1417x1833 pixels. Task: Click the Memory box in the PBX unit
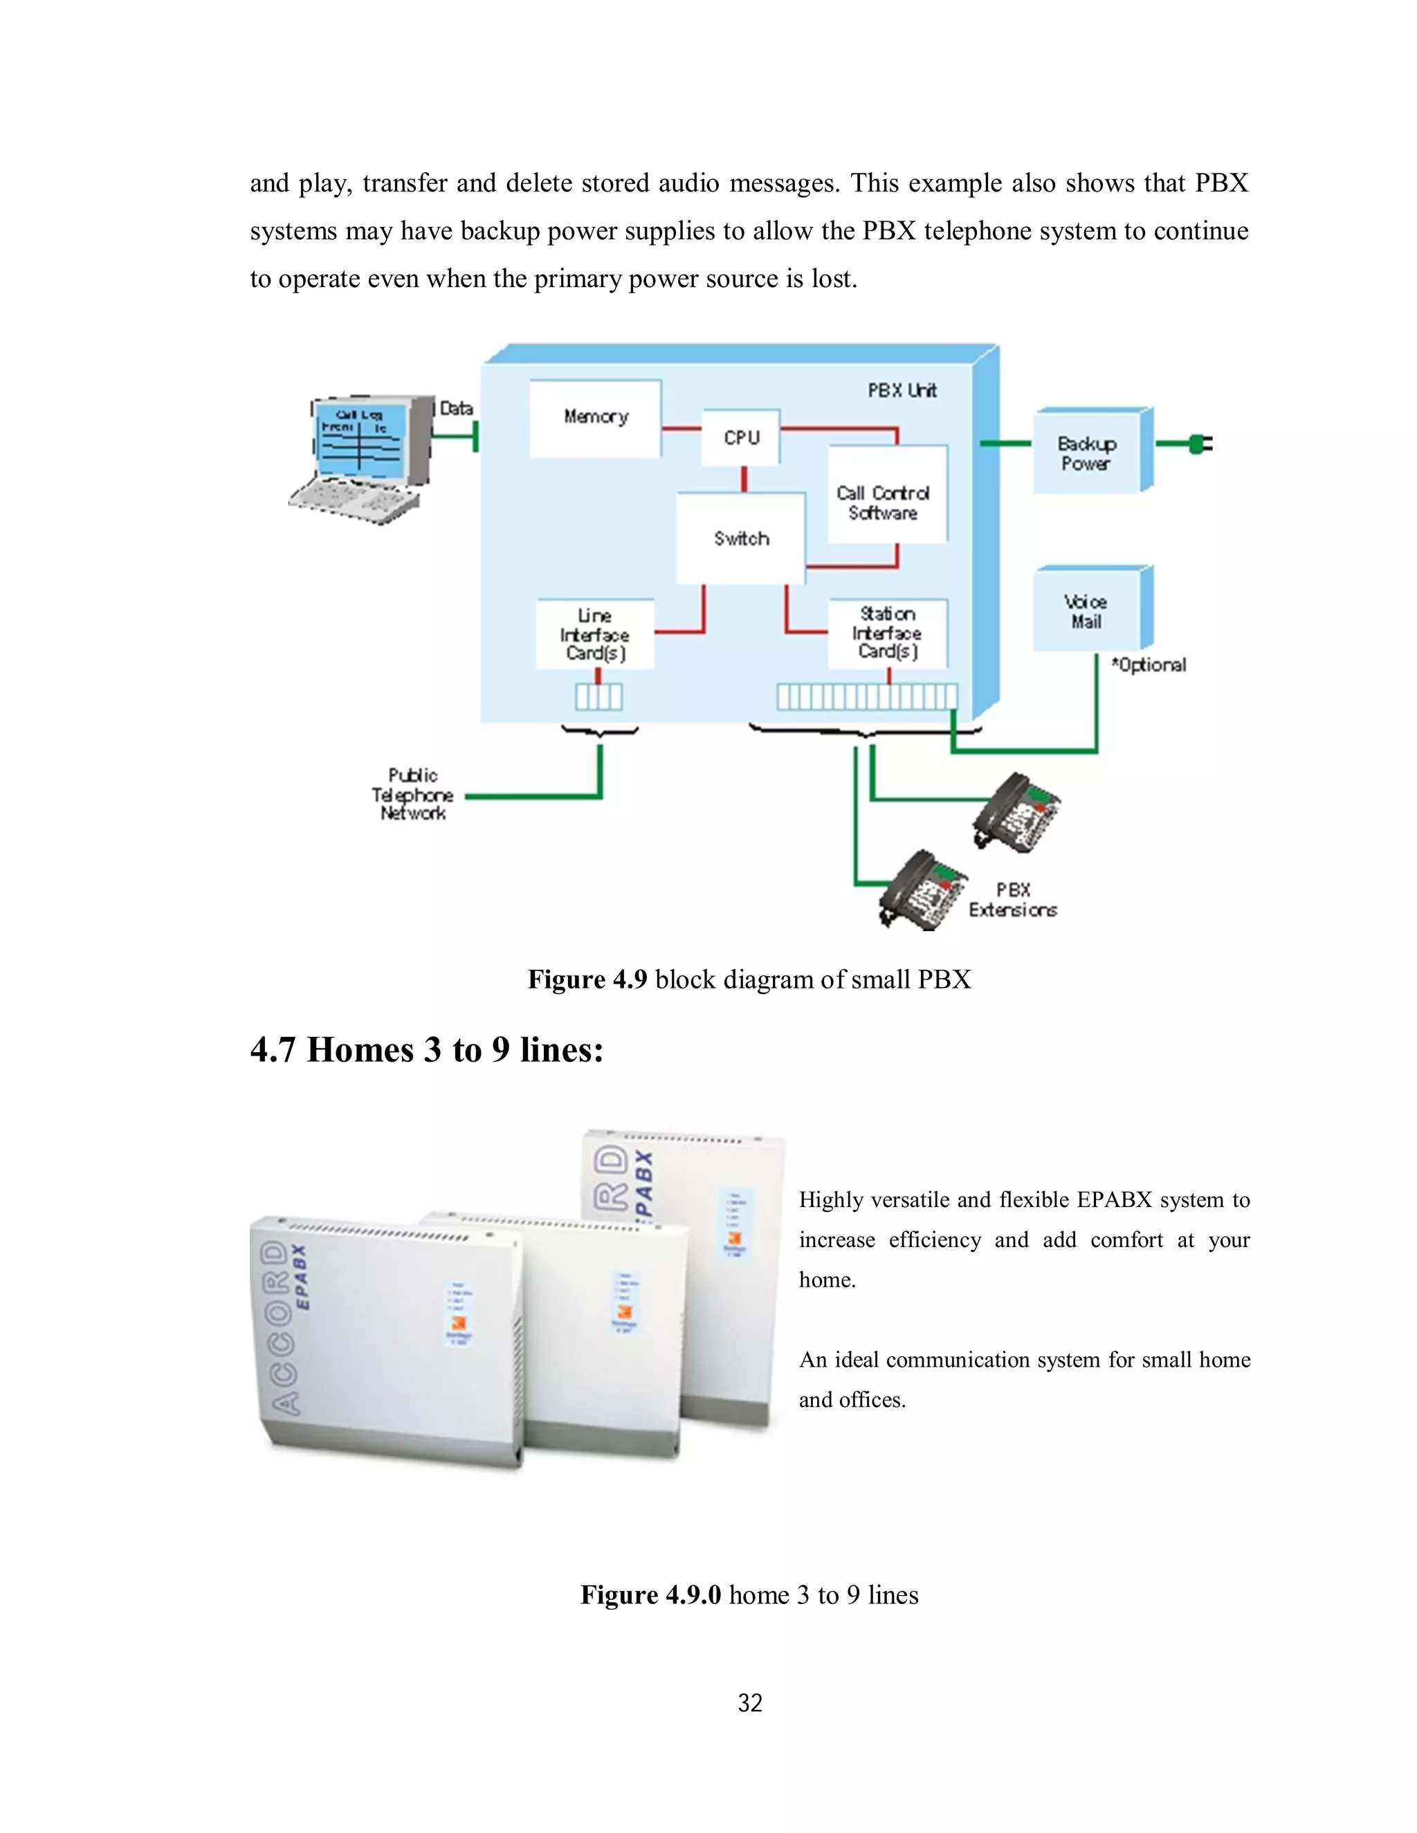pos(595,418)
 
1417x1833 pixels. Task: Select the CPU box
pos(741,436)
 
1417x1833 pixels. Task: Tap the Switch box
pos(741,538)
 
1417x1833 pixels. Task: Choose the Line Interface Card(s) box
pos(595,634)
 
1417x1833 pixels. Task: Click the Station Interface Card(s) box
pos(887,633)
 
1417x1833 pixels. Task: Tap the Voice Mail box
pos(1086,611)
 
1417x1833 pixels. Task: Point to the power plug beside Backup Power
pos(1200,444)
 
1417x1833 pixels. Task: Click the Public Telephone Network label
pos(412,794)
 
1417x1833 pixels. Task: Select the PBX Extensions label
pos(1012,900)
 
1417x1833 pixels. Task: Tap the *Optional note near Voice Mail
pos(1149,665)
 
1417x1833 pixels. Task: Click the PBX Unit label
pos(902,390)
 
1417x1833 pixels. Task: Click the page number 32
pos(749,1703)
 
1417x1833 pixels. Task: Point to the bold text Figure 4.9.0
pos(650,1594)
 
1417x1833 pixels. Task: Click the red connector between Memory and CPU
pos(681,428)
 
